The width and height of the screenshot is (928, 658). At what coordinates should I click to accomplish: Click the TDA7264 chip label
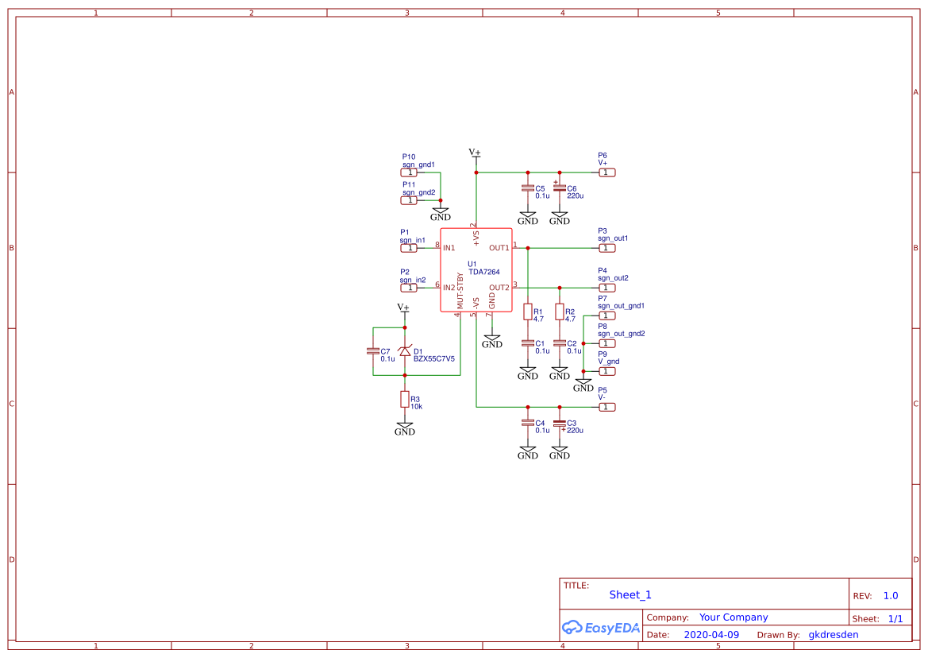coord(483,272)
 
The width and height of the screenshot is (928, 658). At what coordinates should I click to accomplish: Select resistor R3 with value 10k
coord(405,399)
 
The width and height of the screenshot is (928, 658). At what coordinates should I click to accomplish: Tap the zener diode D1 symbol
coord(405,350)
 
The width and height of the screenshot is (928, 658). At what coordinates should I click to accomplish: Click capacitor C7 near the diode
coord(373,350)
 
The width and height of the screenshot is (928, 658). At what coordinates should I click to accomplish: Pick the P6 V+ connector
coord(606,172)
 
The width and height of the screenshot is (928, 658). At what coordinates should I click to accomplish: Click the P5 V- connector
coord(606,407)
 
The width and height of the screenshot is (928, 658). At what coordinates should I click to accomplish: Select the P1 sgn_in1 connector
coord(409,248)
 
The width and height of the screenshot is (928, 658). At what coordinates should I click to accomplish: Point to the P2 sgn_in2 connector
coord(409,288)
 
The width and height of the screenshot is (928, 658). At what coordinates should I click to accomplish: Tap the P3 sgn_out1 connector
coord(606,248)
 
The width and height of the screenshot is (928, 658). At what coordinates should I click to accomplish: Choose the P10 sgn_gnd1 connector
coord(409,172)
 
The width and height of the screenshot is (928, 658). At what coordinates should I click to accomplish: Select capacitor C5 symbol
coord(528,188)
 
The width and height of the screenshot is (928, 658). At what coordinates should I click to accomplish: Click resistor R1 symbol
coord(528,312)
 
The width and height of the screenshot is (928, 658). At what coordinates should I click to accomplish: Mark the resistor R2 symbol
coord(560,312)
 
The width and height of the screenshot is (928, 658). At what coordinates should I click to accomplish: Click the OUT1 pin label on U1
coord(499,248)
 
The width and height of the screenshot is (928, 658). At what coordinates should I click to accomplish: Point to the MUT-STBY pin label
coord(460,291)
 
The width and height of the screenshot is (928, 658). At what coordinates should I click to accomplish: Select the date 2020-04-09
coord(711,635)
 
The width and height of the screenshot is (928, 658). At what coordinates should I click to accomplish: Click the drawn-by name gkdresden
coord(833,635)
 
